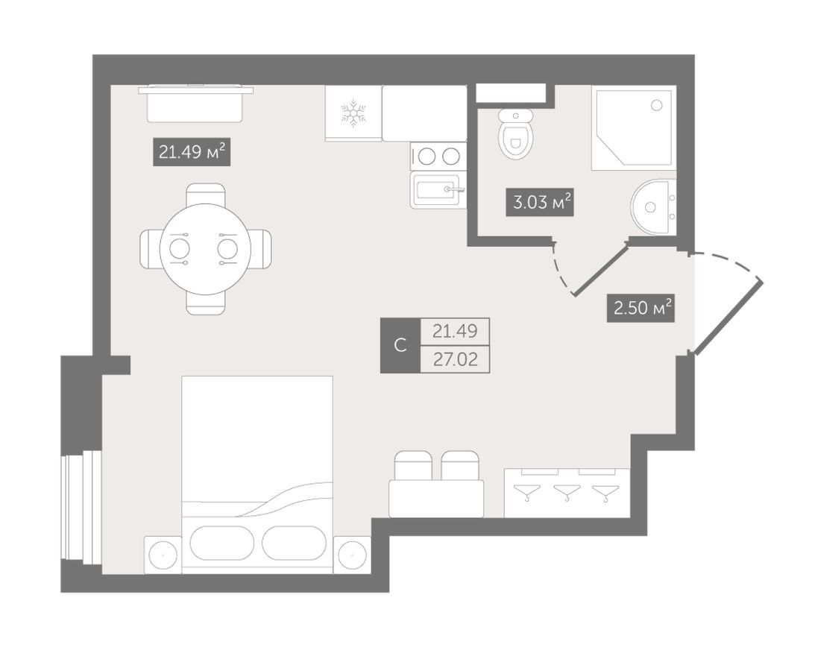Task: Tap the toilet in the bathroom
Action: point(516,133)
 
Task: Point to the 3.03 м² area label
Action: point(540,202)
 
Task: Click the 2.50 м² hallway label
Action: point(641,308)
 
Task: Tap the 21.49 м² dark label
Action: point(192,152)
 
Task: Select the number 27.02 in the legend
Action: point(455,359)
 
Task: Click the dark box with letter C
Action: point(400,345)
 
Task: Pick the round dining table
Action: point(205,249)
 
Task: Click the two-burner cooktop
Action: point(438,156)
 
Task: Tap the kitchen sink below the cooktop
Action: point(438,190)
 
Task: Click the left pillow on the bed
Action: point(222,543)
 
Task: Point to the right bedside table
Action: point(352,555)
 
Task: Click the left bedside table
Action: point(163,555)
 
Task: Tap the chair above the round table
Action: point(206,195)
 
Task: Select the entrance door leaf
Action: point(729,317)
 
